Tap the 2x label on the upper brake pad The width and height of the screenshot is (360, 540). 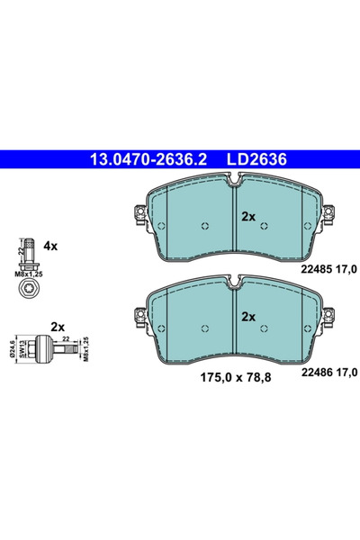point(249,218)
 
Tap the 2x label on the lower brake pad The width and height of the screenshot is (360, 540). point(249,318)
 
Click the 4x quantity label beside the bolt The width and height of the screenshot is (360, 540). point(50,245)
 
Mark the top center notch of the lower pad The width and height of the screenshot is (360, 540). point(234,286)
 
